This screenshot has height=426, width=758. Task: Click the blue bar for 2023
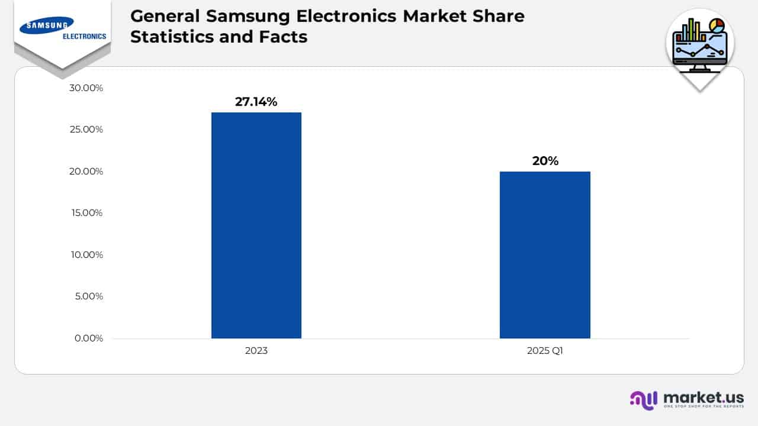click(256, 225)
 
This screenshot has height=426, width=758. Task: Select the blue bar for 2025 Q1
click(545, 255)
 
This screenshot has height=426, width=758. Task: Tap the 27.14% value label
click(256, 102)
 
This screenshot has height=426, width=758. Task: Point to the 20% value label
click(545, 160)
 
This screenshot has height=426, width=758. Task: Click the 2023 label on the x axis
click(256, 350)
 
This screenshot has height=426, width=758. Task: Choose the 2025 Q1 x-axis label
click(545, 350)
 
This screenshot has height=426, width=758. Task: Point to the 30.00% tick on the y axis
click(86, 88)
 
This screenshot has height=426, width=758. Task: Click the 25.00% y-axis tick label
click(86, 130)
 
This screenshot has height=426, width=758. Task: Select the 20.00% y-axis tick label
click(86, 172)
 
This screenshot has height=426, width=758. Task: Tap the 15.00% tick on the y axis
click(86, 213)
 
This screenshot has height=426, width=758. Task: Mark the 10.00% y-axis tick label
click(86, 255)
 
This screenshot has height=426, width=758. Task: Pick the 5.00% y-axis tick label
click(88, 296)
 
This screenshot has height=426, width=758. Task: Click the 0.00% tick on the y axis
click(88, 338)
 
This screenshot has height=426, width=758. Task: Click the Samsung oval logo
click(47, 25)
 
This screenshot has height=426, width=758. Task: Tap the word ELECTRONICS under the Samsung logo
click(84, 36)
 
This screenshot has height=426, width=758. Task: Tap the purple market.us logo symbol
click(644, 399)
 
